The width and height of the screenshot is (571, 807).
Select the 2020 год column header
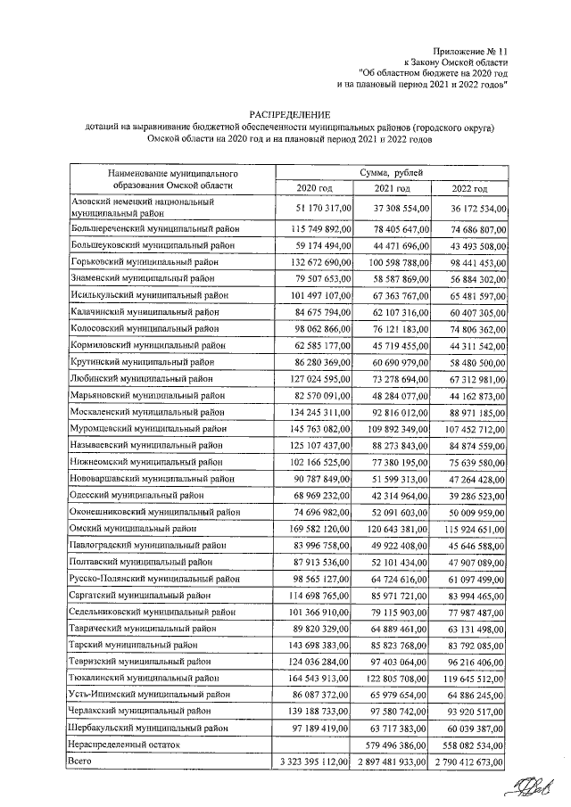coord(314,189)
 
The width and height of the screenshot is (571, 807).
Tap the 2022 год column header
coord(469,189)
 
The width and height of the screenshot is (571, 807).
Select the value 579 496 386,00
coord(393,744)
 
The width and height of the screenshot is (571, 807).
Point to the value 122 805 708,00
coord(393,677)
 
